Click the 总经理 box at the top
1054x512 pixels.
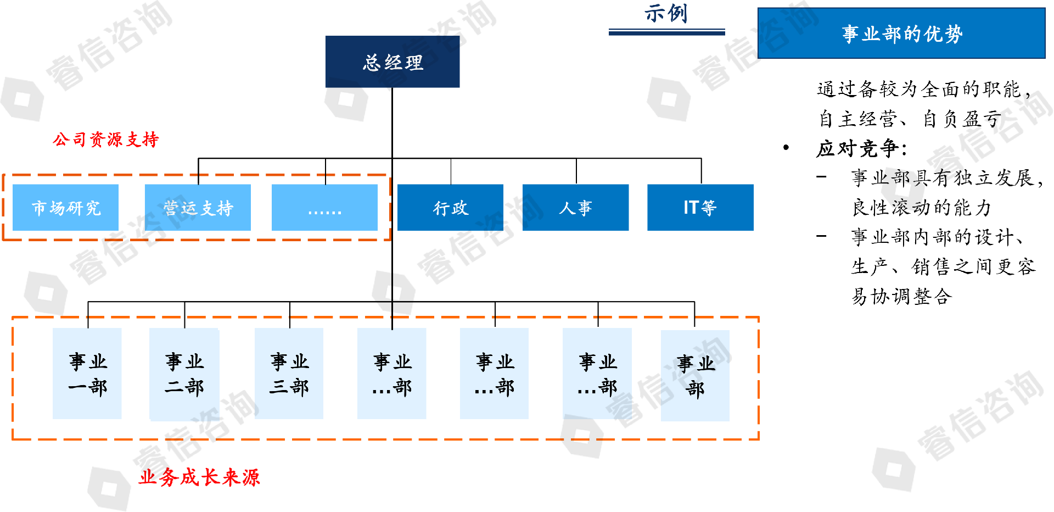[392, 62]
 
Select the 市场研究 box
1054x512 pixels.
[65, 208]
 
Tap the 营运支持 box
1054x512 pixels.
[198, 208]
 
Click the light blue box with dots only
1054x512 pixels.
[324, 208]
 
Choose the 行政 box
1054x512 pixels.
[450, 208]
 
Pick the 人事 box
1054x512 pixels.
[575, 208]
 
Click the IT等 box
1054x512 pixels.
[700, 208]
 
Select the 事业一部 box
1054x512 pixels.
[87, 374]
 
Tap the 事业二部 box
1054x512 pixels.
[184, 374]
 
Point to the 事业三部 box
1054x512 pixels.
[289, 374]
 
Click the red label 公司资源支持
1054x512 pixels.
[106, 140]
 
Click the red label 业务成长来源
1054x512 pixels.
[199, 477]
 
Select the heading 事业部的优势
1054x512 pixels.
[901, 34]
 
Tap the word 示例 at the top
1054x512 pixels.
[666, 13]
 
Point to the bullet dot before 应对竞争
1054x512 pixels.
[786, 148]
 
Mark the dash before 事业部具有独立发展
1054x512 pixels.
[821, 177]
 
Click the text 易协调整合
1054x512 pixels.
[901, 297]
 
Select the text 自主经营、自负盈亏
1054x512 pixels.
[910, 119]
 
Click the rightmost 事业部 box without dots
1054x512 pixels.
[695, 376]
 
